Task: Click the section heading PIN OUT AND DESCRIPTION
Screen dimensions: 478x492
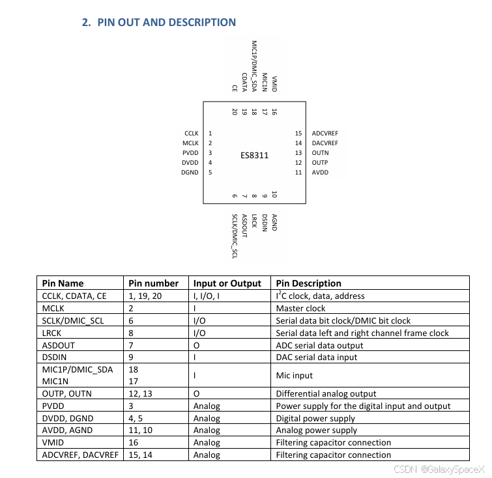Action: point(158,22)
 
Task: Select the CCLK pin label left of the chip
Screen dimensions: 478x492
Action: point(191,133)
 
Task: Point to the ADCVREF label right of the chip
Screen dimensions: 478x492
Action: point(325,133)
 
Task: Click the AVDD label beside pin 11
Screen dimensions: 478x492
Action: point(320,173)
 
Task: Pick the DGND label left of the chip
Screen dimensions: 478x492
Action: point(190,173)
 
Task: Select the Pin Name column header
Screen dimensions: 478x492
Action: point(63,283)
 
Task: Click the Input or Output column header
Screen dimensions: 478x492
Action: point(227,283)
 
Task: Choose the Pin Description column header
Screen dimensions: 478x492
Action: point(308,283)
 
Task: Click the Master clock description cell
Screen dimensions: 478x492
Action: point(300,308)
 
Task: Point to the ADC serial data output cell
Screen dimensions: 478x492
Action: point(319,344)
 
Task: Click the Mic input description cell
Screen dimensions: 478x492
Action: point(295,375)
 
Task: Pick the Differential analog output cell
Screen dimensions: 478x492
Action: point(326,393)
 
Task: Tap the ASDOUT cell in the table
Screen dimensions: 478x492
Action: point(58,344)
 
